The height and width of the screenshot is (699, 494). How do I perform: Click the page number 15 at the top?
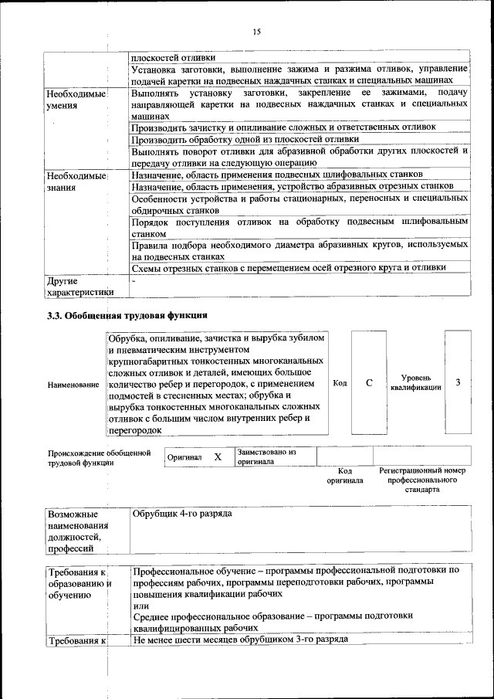(x=256, y=31)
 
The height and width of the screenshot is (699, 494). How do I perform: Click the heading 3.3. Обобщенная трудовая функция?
(x=127, y=315)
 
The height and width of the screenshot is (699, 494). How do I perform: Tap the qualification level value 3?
(x=458, y=383)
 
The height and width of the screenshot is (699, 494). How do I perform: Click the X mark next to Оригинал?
(x=218, y=457)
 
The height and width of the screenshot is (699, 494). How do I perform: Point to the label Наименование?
(x=73, y=384)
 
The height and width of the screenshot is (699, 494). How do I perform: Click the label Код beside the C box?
(x=339, y=383)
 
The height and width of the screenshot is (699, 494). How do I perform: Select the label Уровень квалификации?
(x=416, y=383)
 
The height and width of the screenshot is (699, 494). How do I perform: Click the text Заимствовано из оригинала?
(x=267, y=456)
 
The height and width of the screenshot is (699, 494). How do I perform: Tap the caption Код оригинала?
(x=344, y=475)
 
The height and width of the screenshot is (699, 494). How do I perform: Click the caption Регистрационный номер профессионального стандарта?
(x=421, y=480)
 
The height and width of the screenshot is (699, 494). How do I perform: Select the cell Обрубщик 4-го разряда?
(x=182, y=514)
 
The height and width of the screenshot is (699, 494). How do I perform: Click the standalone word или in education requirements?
(x=139, y=606)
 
